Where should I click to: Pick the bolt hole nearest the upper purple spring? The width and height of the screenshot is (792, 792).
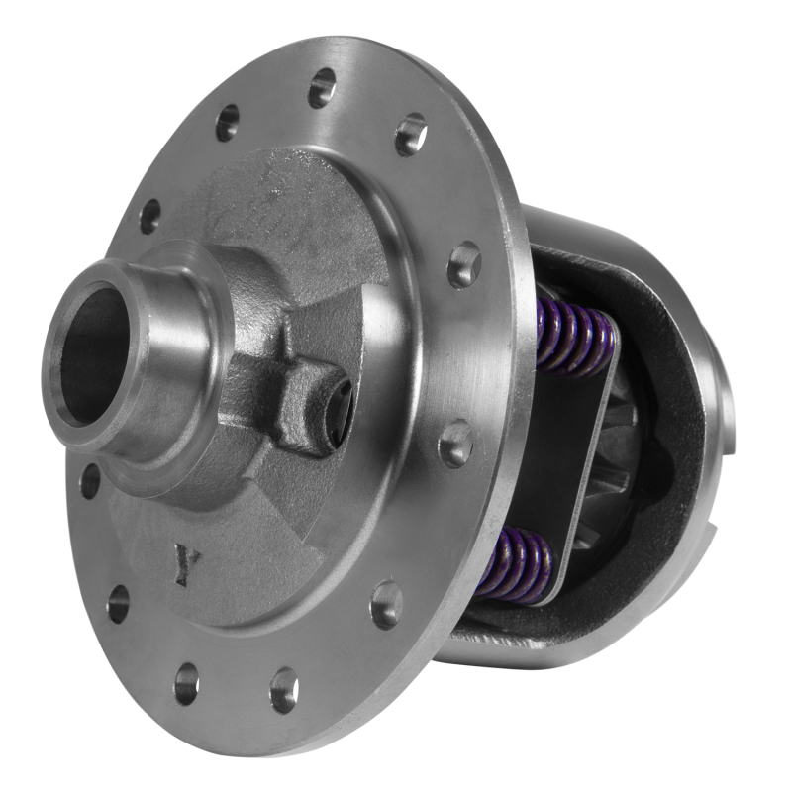[463, 265]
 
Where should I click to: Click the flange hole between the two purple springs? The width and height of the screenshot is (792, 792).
[456, 443]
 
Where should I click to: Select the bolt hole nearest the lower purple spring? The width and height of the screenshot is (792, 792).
[386, 604]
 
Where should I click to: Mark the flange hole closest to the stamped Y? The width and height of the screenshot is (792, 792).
[119, 602]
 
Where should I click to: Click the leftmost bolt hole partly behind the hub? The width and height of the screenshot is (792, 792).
[90, 481]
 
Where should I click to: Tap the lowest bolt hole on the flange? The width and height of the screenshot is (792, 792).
[284, 689]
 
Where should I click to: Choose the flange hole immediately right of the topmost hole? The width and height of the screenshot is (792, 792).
[411, 134]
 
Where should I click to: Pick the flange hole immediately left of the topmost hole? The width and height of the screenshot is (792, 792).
[227, 122]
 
